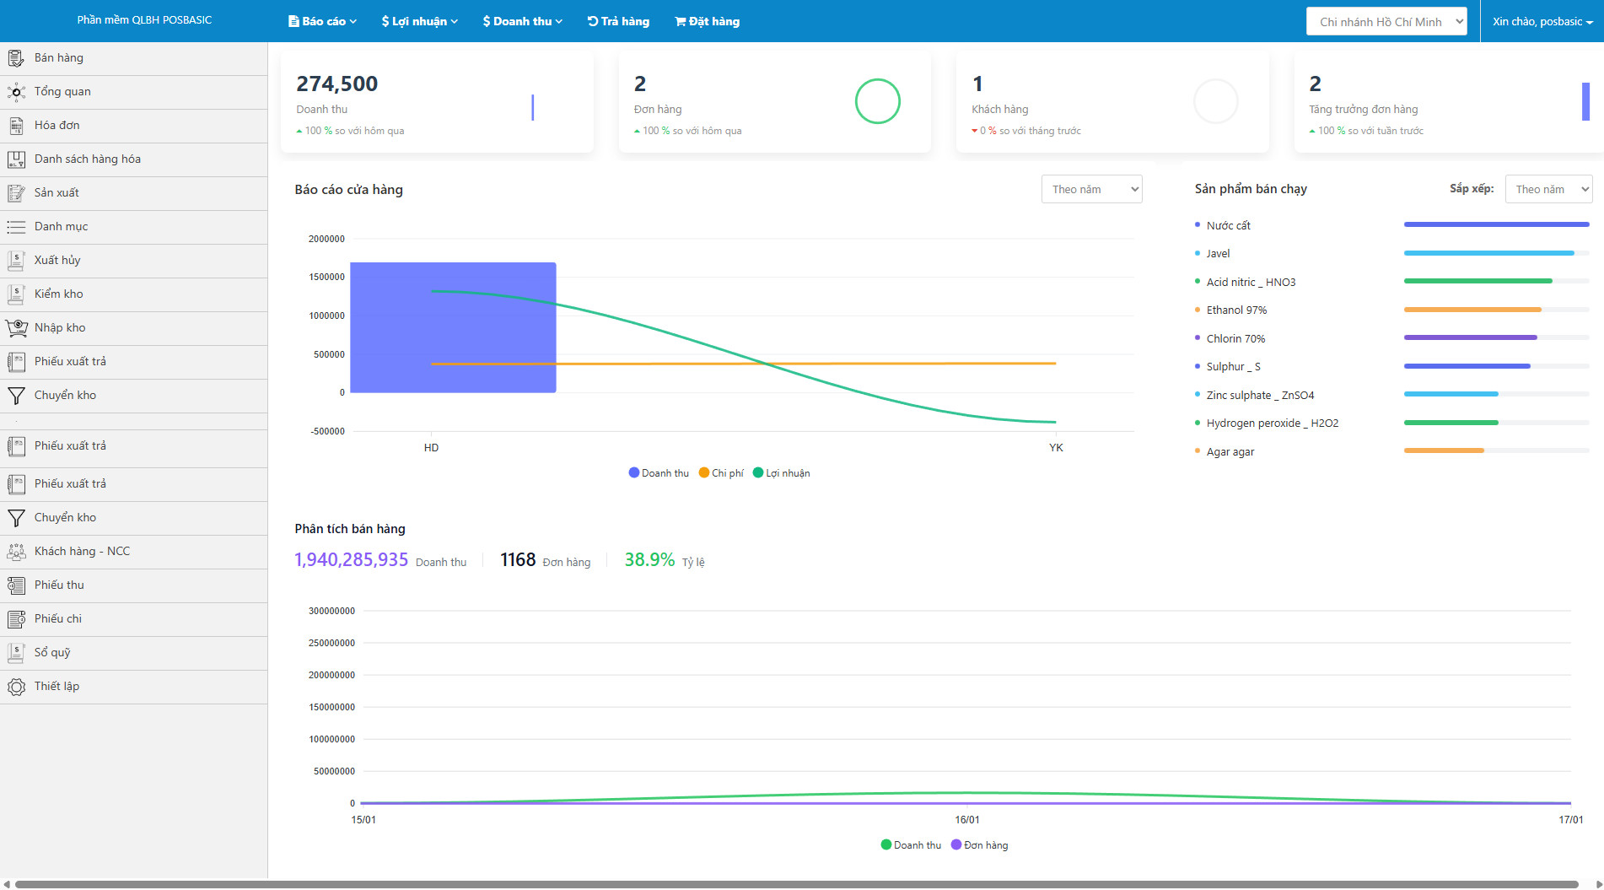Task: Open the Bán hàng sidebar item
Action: click(x=58, y=58)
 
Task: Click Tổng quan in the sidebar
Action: click(x=62, y=92)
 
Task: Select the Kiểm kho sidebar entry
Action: click(x=58, y=294)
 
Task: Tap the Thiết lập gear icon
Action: click(x=16, y=687)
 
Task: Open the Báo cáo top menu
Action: click(x=322, y=21)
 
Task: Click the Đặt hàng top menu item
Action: click(x=707, y=21)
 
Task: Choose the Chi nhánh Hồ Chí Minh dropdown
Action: click(x=1386, y=21)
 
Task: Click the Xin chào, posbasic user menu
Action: click(x=1542, y=21)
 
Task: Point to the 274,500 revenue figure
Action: click(x=336, y=84)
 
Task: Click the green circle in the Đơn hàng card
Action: click(x=877, y=101)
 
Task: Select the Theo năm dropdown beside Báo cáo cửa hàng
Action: click(x=1091, y=189)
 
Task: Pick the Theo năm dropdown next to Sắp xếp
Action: click(x=1548, y=189)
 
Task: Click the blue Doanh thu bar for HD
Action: click(x=453, y=327)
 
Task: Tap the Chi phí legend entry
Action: click(x=721, y=473)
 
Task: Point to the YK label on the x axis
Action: click(x=1056, y=448)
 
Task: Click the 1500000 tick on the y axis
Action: click(x=326, y=277)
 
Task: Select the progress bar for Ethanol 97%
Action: click(x=1472, y=310)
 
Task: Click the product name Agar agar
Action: click(x=1230, y=452)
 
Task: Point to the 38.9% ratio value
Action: click(x=649, y=560)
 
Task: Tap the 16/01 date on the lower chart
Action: click(x=967, y=820)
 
